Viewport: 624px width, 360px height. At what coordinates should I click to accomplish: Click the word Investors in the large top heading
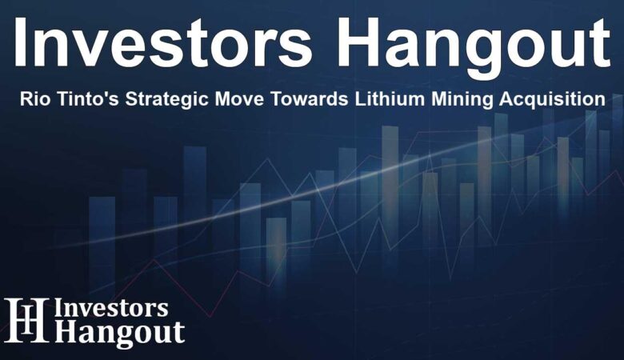[162, 42]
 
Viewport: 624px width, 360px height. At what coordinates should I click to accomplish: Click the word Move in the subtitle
[239, 98]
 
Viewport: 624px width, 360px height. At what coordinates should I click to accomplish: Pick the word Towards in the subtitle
[310, 98]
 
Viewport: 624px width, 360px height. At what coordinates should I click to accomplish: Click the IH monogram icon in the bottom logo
[26, 320]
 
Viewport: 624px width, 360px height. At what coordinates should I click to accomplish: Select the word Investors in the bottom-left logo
[111, 309]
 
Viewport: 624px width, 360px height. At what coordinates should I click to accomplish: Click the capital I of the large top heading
[19, 42]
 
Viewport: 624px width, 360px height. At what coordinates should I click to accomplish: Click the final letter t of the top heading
[601, 45]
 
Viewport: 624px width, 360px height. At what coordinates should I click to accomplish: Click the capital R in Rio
[26, 98]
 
